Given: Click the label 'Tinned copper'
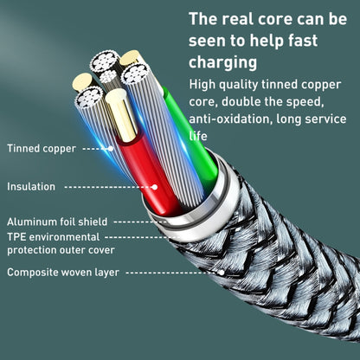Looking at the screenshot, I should click(x=41, y=148).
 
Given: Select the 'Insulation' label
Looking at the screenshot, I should click(x=31, y=186).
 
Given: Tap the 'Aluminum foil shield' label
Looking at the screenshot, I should click(x=57, y=222).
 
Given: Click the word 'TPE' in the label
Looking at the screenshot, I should click(x=16, y=236).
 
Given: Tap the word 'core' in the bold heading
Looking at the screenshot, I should click(x=266, y=18).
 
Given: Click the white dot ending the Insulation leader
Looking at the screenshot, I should click(x=155, y=186).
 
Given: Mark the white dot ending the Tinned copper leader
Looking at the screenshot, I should click(x=112, y=148).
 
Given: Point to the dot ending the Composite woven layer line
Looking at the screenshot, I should click(x=222, y=272).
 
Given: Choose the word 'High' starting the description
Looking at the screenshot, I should click(x=204, y=85).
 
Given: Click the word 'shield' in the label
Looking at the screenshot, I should click(x=92, y=222).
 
